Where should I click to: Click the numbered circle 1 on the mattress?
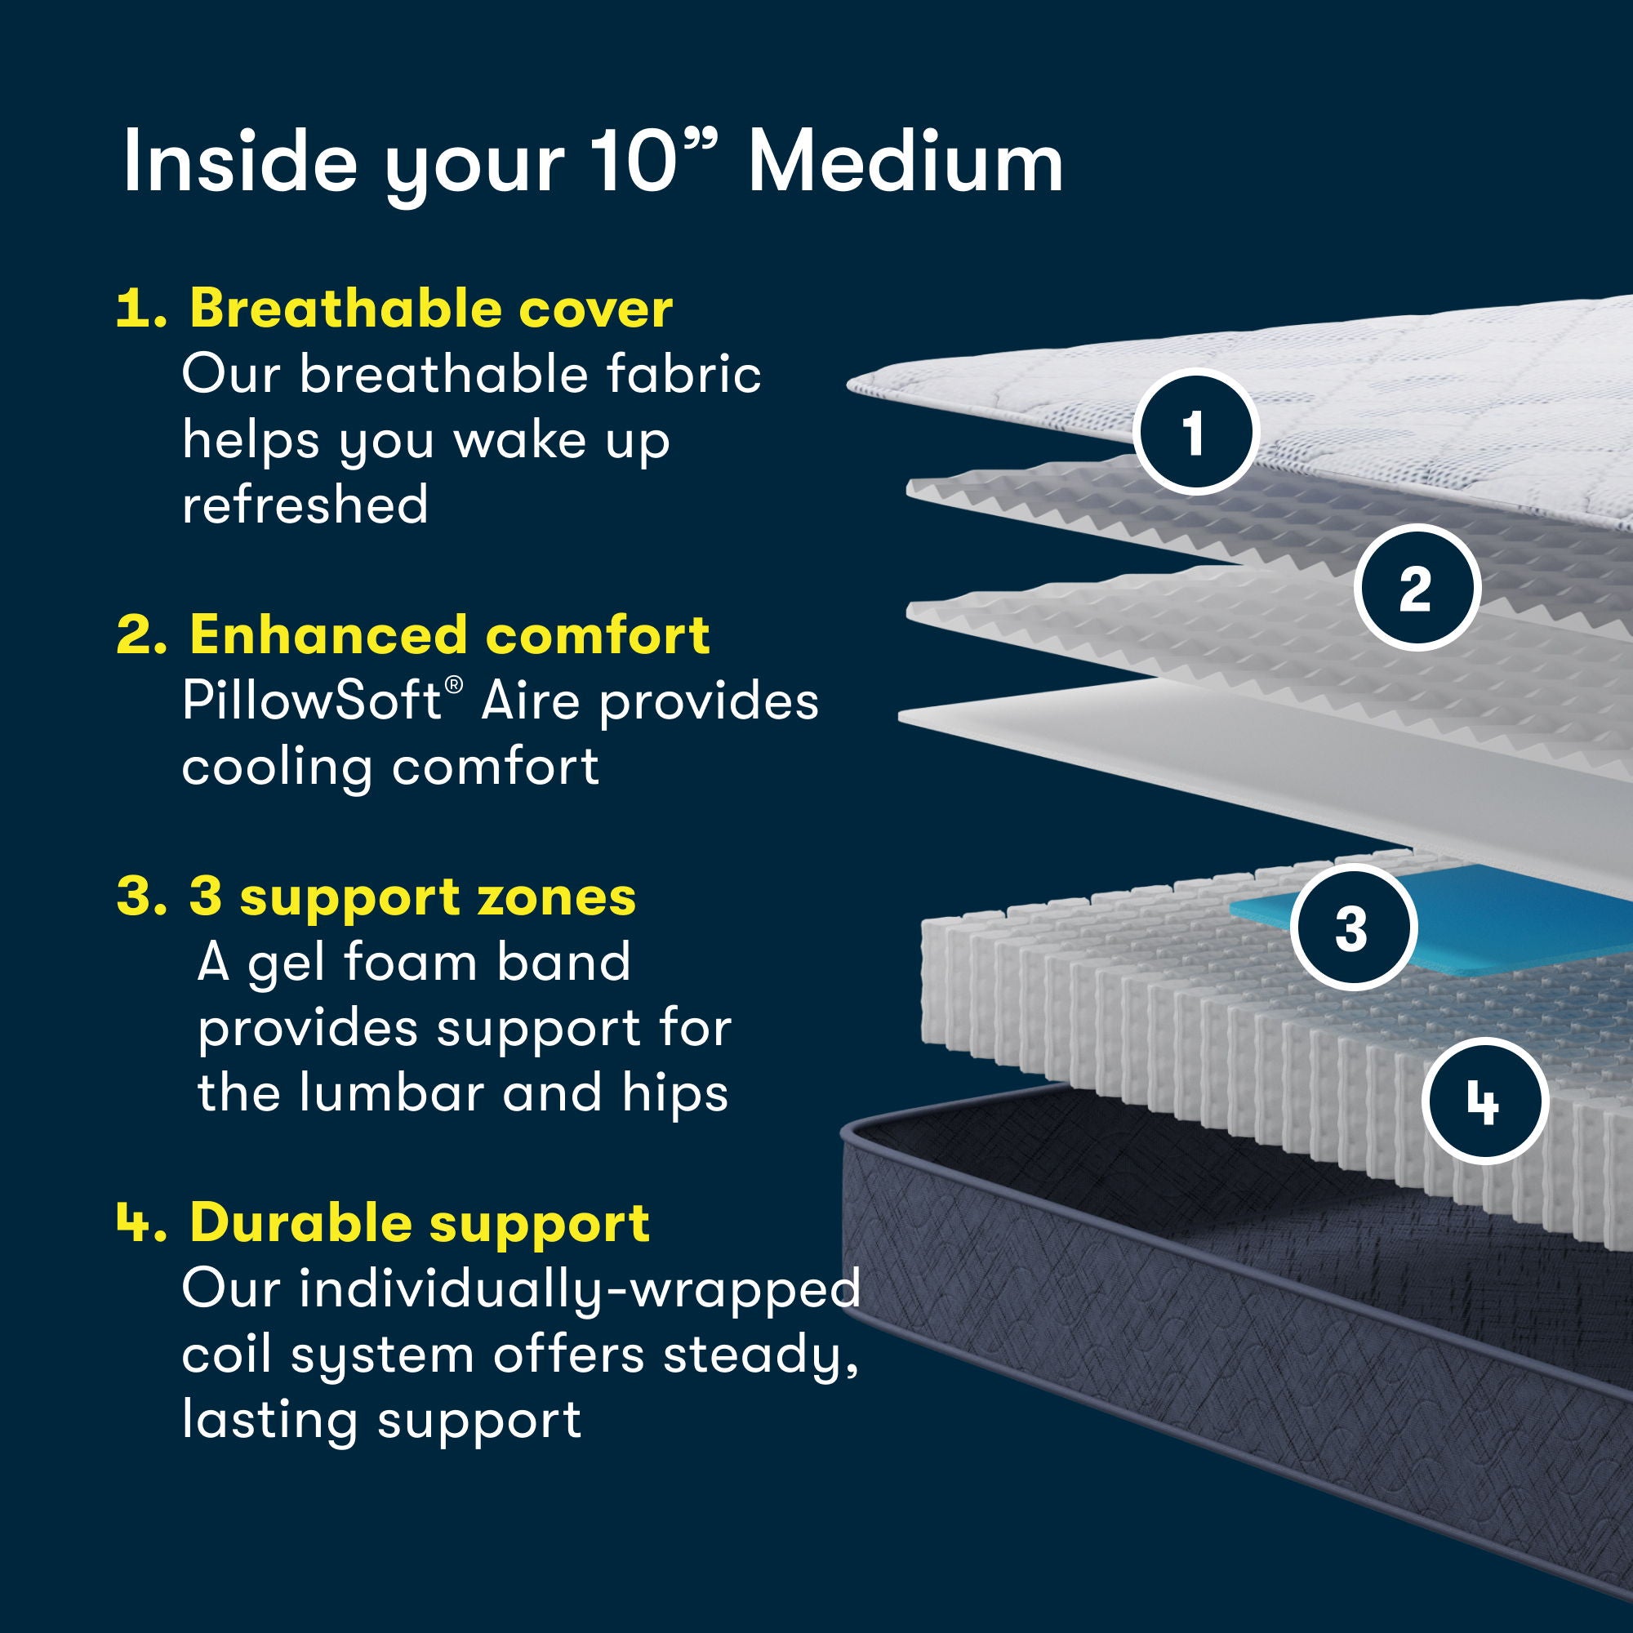pyautogui.click(x=1195, y=432)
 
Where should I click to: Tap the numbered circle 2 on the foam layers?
pyautogui.click(x=1417, y=587)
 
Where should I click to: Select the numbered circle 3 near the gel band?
pyautogui.click(x=1351, y=928)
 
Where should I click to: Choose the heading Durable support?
pyautogui.click(x=419, y=1222)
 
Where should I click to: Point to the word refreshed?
pyautogui.click(x=305, y=505)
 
